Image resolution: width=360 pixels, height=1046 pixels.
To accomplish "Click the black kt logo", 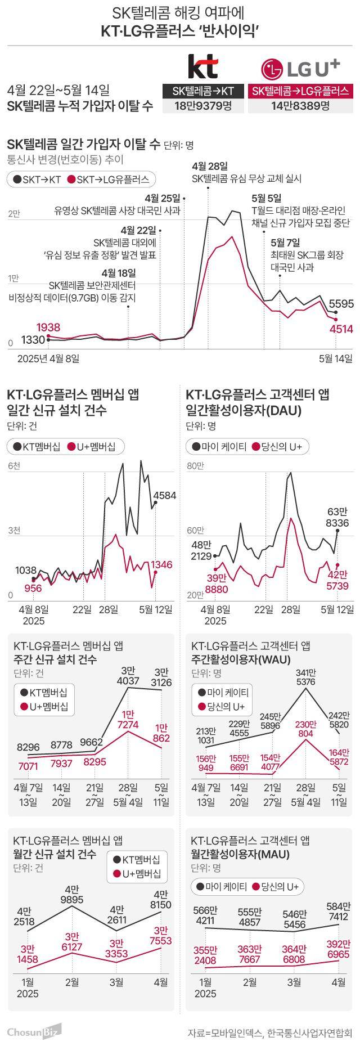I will click(202, 67).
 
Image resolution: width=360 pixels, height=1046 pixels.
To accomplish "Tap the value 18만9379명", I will click(202, 106).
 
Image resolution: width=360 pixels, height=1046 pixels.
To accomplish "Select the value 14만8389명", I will click(300, 106).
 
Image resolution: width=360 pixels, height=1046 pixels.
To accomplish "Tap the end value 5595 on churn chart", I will click(341, 304).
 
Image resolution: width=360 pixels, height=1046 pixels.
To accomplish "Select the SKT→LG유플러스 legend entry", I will click(108, 179).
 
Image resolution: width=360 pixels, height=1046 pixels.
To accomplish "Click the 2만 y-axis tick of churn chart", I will click(13, 214).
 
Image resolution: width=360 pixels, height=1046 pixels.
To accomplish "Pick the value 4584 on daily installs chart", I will click(164, 495).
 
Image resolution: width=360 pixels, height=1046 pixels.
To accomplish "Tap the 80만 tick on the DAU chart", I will click(195, 466).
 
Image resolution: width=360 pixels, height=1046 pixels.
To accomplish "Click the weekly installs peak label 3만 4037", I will click(127, 676).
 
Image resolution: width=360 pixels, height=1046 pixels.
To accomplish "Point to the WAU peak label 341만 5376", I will click(305, 677).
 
